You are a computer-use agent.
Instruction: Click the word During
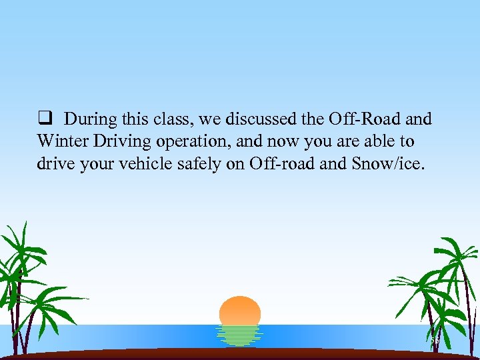pyautogui.click(x=89, y=119)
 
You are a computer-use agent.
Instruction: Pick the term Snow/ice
pyautogui.click(x=387, y=164)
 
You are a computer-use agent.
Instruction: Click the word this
pyautogui.click(x=129, y=119)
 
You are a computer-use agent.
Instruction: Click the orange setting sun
pyautogui.click(x=239, y=311)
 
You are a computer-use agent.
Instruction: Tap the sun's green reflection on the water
pyautogui.click(x=239, y=335)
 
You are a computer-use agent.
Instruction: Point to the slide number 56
pyautogui.click(x=435, y=341)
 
